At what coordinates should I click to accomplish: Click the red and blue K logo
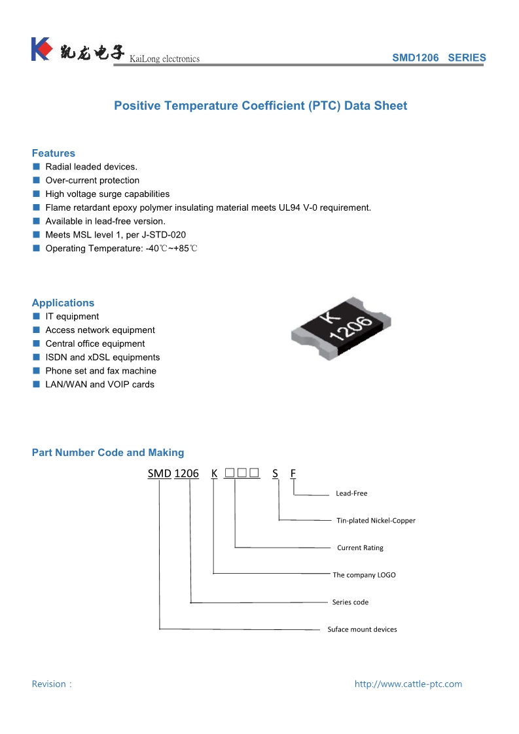coord(41,49)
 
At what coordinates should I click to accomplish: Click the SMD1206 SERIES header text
coord(438,58)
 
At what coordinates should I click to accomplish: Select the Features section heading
coord(54,153)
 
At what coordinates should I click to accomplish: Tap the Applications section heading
coord(63,303)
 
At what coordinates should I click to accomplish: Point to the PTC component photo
coord(341,326)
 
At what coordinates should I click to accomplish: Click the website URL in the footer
coord(408,684)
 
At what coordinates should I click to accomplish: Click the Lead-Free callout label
coord(351,493)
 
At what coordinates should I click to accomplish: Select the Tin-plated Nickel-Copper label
coord(376,521)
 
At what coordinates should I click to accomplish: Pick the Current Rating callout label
coord(360,548)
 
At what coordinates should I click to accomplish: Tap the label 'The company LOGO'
coord(364,575)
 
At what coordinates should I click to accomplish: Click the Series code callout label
coord(350,602)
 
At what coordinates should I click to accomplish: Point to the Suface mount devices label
coord(362,629)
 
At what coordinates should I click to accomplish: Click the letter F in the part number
coord(293,473)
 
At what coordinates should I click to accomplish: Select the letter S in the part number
coord(276,473)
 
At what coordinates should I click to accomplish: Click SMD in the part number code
coord(159,473)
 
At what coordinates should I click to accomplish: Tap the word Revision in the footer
coord(49,684)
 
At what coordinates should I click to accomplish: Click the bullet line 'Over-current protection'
coord(92,181)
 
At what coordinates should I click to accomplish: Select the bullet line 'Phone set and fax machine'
coord(101,371)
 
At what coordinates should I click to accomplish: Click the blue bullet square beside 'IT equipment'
coord(37,317)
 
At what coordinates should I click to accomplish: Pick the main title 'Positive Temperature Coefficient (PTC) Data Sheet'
coord(260,106)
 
